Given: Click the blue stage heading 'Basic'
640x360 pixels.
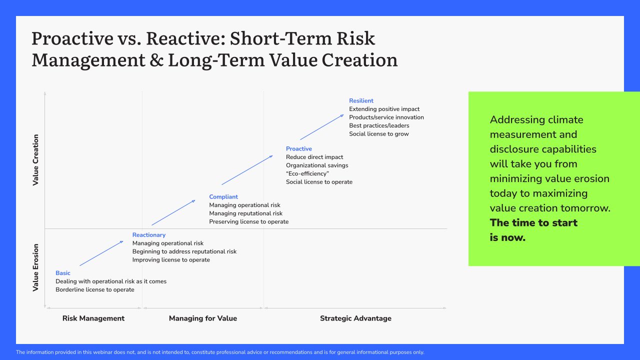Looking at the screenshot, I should tap(63, 273).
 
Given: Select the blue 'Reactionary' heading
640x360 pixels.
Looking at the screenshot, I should tap(148, 235).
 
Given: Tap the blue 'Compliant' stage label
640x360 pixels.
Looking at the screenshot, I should tap(223, 197).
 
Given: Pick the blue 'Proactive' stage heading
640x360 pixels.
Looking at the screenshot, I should tap(298, 149).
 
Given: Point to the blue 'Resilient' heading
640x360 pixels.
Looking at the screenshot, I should tap(361, 101).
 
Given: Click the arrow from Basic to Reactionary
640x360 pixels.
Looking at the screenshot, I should tap(101, 253).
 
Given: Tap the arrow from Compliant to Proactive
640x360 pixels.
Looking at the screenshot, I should tap(247, 170).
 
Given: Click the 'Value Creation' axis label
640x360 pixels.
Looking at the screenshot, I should tap(35, 160).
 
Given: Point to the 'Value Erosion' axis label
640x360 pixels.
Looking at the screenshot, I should tap(35, 267).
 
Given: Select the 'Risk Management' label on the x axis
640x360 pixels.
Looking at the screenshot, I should tap(93, 318).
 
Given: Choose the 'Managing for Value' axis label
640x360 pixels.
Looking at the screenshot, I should tap(203, 318).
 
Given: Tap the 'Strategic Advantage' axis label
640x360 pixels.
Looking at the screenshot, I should tap(355, 318).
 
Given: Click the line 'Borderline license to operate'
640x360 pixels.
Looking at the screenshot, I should tap(95, 290).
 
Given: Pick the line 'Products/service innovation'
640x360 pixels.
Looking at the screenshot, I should tap(386, 117).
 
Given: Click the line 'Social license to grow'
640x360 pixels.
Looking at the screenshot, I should tap(379, 134).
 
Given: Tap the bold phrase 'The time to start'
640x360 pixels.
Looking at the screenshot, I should tap(533, 223).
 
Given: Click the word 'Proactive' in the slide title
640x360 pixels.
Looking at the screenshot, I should tap(71, 39).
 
